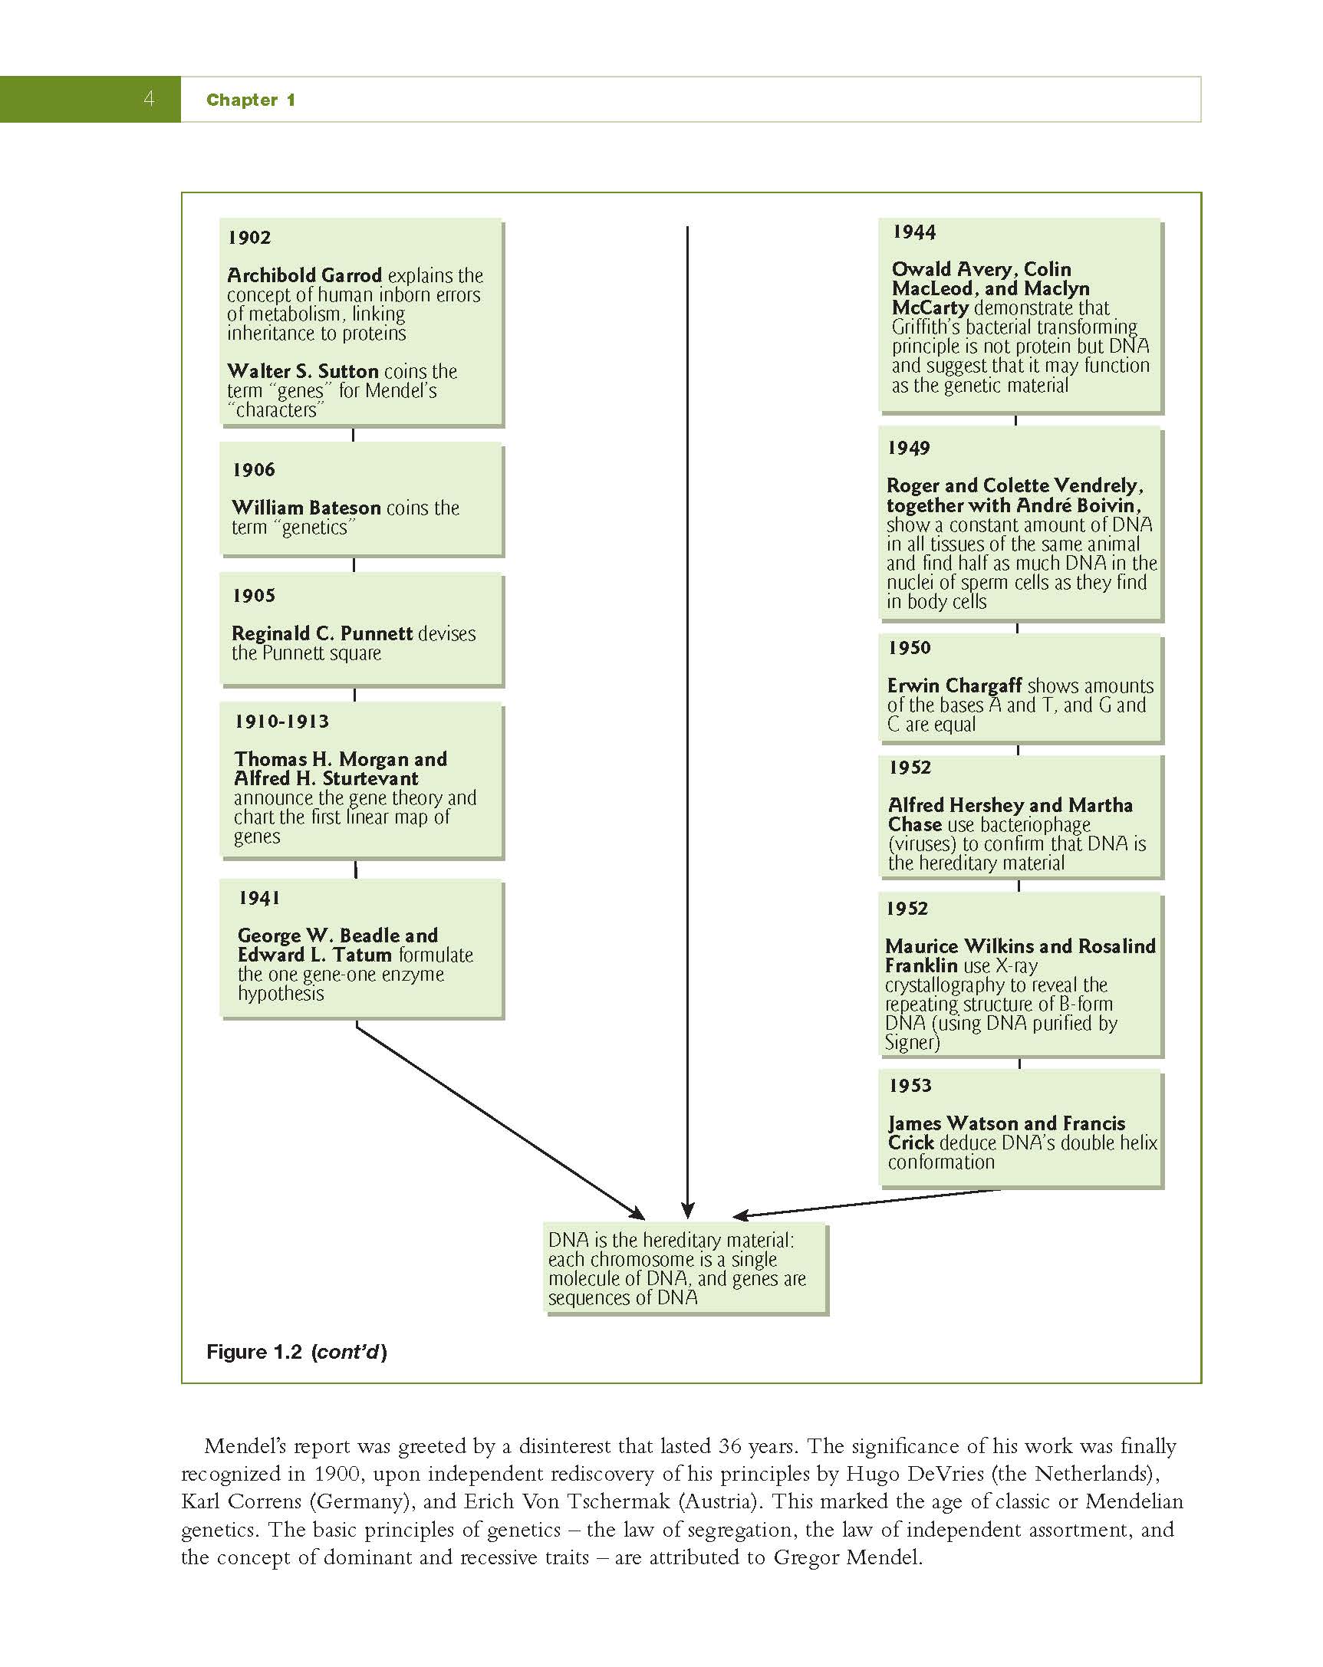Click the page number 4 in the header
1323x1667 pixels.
[x=149, y=98]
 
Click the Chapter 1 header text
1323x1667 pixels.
[x=251, y=100]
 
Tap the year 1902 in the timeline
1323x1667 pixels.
[x=249, y=238]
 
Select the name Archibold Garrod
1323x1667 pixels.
[x=304, y=275]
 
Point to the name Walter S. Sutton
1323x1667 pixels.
[x=303, y=371]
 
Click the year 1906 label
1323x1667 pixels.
[x=254, y=469]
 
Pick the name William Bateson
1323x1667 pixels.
[x=306, y=508]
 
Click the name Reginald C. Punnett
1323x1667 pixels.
[x=322, y=633]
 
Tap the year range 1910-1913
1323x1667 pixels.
[x=281, y=722]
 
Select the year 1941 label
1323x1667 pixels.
[x=259, y=898]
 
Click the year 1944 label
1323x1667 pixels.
[x=914, y=232]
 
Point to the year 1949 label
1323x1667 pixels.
[x=909, y=448]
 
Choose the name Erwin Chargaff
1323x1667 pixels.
[x=955, y=686]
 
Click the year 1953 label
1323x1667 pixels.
[x=910, y=1086]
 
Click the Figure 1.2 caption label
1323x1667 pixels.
[x=296, y=1352]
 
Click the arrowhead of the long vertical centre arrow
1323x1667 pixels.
[x=687, y=1210]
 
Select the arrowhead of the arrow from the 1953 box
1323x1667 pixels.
[x=741, y=1215]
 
